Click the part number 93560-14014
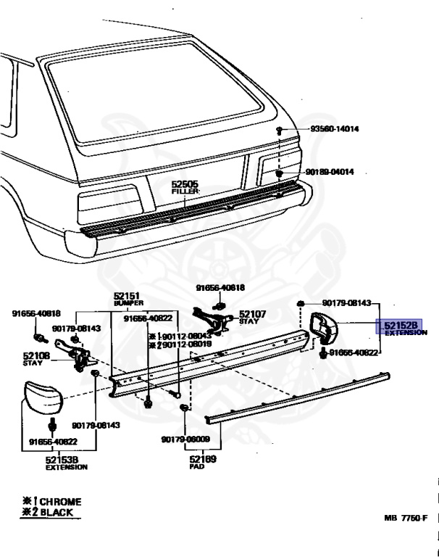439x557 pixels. click(x=335, y=129)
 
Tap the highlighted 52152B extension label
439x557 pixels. click(x=398, y=328)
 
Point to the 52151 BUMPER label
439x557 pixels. click(x=127, y=299)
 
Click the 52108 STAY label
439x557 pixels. click(x=35, y=358)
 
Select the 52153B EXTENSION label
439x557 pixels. click(x=66, y=463)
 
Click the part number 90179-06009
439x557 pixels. click(x=185, y=439)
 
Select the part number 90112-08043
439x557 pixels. click(x=181, y=337)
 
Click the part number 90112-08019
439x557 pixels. click(x=182, y=345)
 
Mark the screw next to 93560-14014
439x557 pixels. click(x=279, y=130)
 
